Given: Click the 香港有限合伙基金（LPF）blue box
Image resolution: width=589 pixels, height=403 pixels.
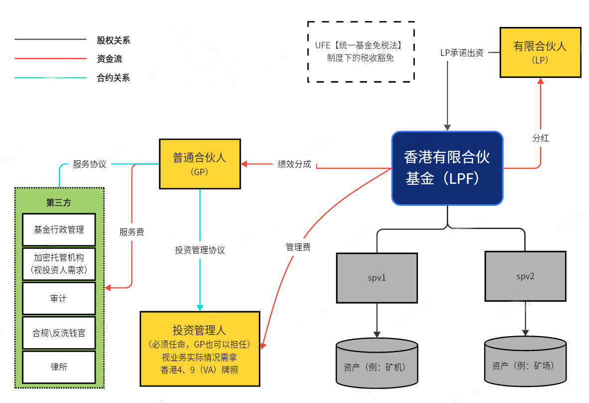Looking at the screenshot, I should click(447, 168).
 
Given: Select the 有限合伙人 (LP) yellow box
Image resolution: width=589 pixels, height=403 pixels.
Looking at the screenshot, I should click(540, 52).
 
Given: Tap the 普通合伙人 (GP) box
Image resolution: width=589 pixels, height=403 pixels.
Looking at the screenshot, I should click(199, 164).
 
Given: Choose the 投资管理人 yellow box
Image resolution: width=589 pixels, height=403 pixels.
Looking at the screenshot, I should click(199, 349).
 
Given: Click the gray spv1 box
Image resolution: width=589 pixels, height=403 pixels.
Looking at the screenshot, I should click(377, 278).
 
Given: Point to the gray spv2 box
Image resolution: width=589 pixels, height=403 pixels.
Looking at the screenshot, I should click(525, 276).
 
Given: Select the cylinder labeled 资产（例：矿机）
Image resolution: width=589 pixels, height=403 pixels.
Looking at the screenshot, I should click(377, 365).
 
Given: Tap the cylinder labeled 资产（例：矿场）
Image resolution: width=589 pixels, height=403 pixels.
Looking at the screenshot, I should click(525, 363).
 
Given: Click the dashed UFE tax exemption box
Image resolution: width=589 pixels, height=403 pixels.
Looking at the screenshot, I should click(361, 51).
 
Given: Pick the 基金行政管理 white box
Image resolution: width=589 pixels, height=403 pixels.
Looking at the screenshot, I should click(59, 230).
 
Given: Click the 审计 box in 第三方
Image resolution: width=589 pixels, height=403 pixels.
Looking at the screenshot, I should click(59, 298).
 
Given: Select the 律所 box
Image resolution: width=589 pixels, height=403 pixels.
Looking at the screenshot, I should click(59, 367).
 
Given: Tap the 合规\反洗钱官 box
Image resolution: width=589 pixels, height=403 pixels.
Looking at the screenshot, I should click(59, 333).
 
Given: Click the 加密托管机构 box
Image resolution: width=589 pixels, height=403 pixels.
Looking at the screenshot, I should click(59, 264).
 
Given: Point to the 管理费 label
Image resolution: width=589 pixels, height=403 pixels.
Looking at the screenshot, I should click(298, 247).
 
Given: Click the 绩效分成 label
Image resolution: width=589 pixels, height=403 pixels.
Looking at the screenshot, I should click(294, 164).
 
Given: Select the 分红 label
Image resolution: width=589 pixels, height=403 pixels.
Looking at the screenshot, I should click(541, 138).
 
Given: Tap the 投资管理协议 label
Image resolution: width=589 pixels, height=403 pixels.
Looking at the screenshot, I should click(199, 250).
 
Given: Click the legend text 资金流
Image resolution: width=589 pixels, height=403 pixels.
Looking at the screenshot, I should click(109, 59).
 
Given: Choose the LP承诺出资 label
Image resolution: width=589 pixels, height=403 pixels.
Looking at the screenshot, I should click(462, 52).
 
